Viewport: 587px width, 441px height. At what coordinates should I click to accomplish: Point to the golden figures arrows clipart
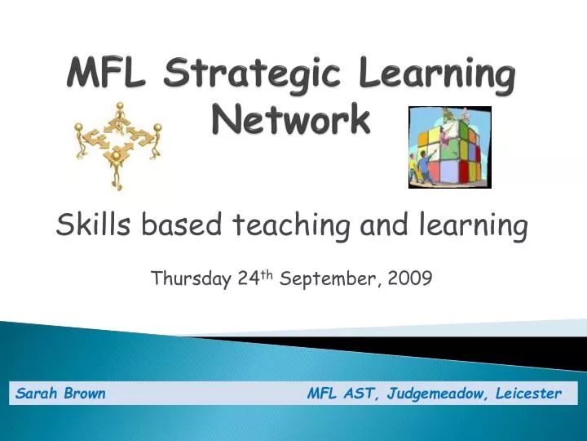(x=117, y=144)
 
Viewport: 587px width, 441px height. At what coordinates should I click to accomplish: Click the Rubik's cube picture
(x=449, y=147)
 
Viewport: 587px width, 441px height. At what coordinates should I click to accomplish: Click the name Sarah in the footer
(x=37, y=394)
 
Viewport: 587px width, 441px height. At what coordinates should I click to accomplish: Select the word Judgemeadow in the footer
(x=439, y=394)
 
